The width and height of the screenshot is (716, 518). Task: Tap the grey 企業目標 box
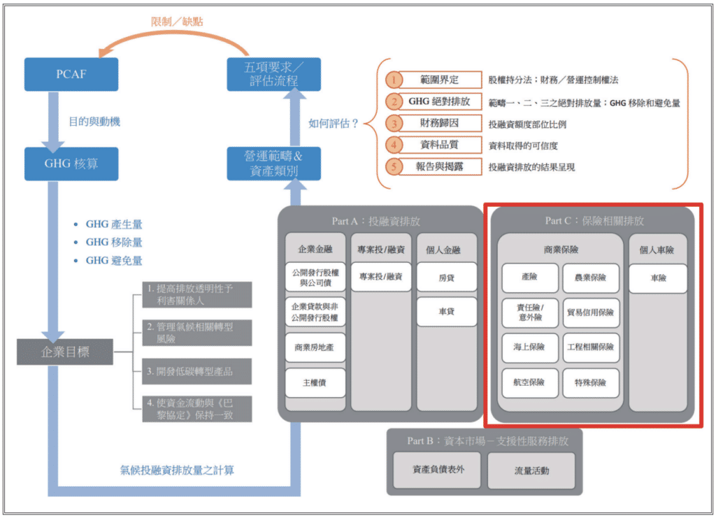65,351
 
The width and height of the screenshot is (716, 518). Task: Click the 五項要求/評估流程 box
273,74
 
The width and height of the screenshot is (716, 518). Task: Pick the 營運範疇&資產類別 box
273,163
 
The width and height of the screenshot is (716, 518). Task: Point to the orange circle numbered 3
395,124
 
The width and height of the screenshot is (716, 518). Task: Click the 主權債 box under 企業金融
315,382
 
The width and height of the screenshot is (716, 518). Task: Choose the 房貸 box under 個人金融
446,278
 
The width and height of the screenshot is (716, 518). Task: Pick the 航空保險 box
529,382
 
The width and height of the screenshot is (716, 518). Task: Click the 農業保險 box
590,278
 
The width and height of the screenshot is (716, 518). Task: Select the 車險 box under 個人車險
658,278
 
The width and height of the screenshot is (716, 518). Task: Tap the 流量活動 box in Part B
531,470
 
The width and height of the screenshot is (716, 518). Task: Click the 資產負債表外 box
438,469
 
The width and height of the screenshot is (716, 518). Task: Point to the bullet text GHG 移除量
114,242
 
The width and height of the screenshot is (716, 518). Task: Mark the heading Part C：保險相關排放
594,221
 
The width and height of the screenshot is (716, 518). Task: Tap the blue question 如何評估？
334,124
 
